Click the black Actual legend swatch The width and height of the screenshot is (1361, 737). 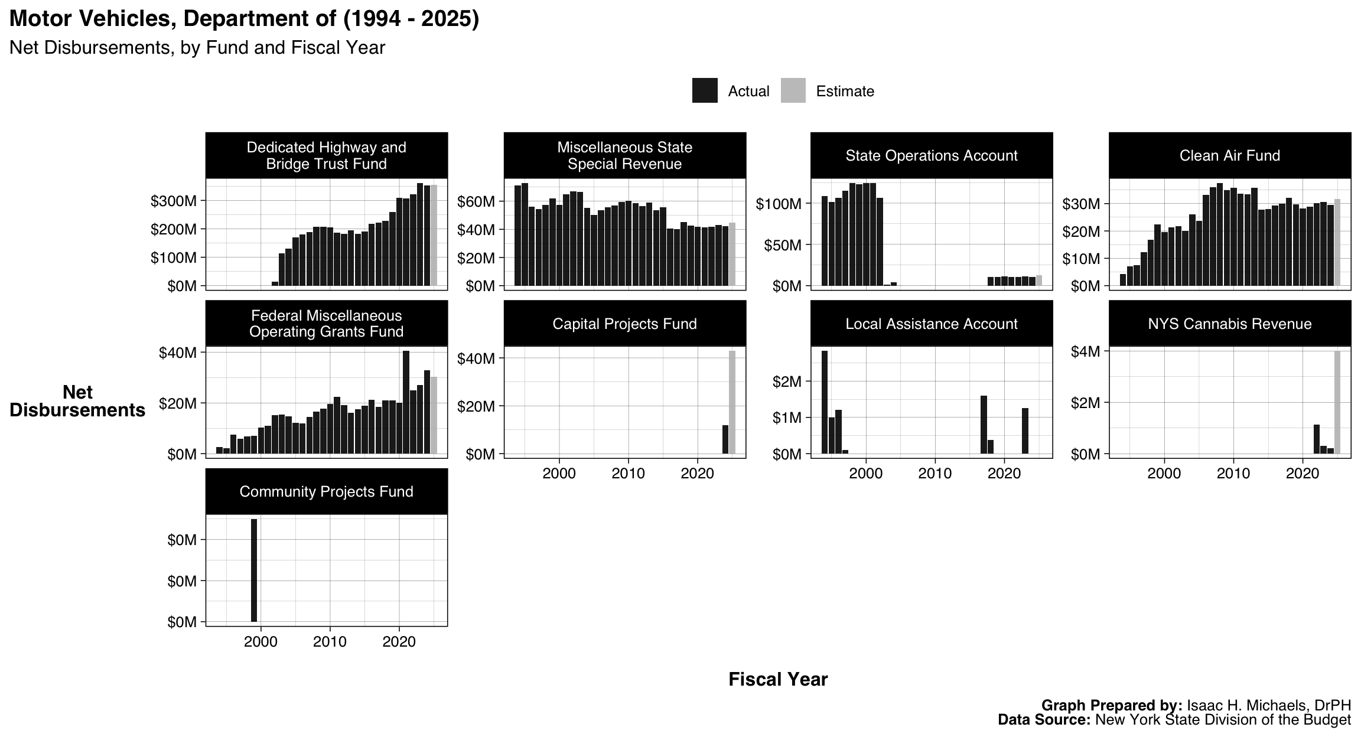pos(705,91)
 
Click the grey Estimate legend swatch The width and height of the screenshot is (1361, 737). pos(793,91)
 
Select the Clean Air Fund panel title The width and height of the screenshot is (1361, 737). pos(1229,155)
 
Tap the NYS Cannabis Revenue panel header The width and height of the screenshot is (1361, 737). pos(1229,324)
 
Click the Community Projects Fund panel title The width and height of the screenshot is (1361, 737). pos(326,492)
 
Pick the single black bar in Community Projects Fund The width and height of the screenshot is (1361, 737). pos(254,570)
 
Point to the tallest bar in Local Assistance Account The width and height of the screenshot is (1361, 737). pos(825,402)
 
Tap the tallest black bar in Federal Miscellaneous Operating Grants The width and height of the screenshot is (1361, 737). pos(406,402)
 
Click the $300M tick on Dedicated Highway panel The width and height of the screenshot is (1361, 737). pos(173,201)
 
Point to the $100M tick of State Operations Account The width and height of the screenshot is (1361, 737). pos(778,204)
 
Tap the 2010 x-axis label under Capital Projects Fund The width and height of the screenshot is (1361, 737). pos(628,474)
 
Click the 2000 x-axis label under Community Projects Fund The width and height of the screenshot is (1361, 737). pos(261,642)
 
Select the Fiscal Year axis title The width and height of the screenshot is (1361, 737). pos(777,680)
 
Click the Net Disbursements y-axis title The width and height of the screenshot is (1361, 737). pos(77,402)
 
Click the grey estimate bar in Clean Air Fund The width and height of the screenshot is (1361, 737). pos(1337,242)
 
